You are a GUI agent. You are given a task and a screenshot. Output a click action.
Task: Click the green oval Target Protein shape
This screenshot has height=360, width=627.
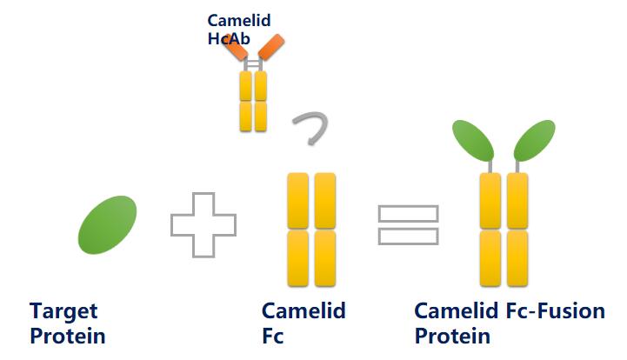[108, 225]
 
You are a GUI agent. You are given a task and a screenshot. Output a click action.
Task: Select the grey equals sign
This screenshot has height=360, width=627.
[408, 225]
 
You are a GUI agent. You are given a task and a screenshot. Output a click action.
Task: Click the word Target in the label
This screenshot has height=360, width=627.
[63, 310]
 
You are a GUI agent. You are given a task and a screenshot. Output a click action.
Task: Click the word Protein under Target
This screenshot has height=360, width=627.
[68, 336]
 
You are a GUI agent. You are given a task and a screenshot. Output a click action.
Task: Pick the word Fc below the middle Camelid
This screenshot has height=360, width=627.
[273, 336]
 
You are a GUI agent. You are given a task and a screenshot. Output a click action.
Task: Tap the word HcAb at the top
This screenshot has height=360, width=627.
[228, 38]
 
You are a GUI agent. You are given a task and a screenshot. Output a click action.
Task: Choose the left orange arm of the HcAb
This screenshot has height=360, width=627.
[235, 47]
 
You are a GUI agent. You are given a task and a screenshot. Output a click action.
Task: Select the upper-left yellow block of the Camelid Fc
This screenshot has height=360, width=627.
[298, 200]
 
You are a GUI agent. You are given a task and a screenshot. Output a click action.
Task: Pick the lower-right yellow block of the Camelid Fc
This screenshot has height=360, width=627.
[325, 258]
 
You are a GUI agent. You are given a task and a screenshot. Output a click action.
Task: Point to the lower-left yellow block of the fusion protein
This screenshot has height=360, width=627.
[490, 258]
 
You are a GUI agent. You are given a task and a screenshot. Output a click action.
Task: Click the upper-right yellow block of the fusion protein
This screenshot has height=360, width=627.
[517, 200]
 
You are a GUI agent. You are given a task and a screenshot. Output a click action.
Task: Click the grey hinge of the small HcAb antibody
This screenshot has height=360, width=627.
[252, 64]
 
